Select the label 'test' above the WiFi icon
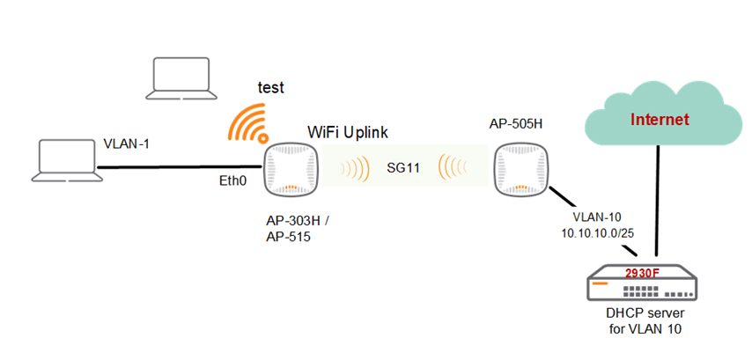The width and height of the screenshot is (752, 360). point(270,87)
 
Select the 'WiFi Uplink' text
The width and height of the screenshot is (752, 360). point(348,131)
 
